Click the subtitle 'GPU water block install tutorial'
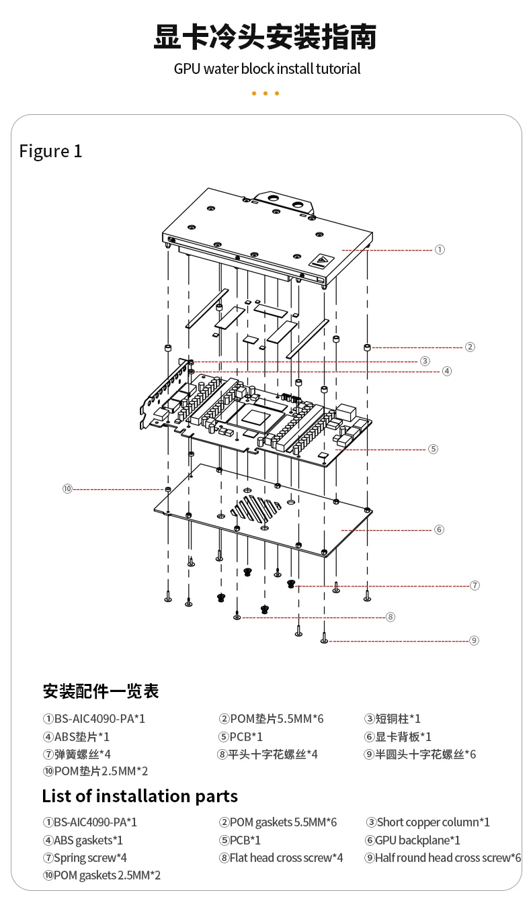point(267,69)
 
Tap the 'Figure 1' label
point(50,151)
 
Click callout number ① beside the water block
point(440,249)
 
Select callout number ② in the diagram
point(470,347)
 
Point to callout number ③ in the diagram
point(425,361)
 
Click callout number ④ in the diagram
point(447,371)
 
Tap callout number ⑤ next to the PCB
point(433,449)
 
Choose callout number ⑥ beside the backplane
point(439,529)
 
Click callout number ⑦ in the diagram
point(475,585)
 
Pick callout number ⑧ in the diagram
point(391,617)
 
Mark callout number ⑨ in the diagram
point(474,640)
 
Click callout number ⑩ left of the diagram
point(67,488)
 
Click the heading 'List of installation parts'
point(140,796)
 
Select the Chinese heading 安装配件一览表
point(101,691)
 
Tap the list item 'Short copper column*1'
point(428,822)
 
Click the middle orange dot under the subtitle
point(265,93)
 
